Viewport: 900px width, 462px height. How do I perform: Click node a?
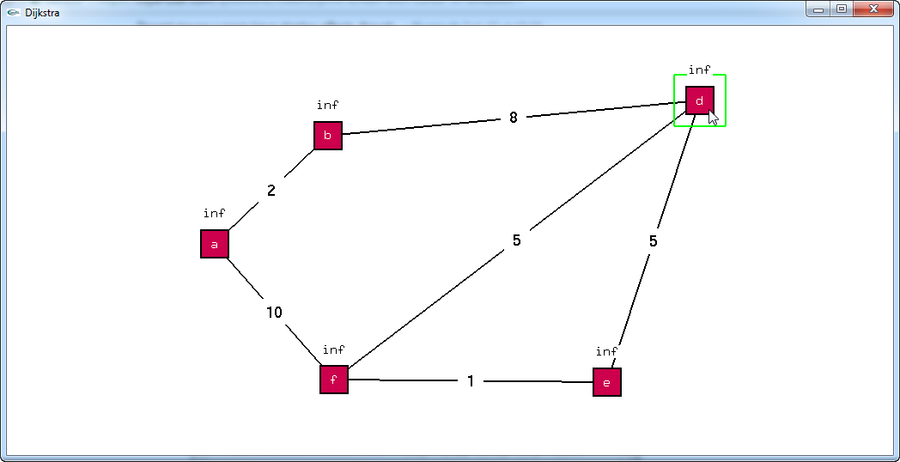215,244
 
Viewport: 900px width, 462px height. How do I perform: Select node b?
328,136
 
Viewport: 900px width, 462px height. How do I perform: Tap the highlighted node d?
700,100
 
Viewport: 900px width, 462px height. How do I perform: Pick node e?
607,382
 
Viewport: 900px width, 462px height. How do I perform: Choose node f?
334,379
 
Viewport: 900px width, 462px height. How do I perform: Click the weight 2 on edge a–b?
271,191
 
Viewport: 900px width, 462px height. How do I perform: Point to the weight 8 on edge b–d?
514,118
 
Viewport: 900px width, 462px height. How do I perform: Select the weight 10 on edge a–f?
274,313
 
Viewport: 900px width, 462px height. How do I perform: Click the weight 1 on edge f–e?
471,381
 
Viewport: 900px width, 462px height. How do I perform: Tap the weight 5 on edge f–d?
517,240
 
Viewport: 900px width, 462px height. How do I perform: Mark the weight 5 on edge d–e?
654,241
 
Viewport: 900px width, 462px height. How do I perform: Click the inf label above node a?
215,213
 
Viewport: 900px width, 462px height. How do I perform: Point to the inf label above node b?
328,105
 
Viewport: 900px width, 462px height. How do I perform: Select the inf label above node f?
334,350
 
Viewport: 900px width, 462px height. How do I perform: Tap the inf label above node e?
607,351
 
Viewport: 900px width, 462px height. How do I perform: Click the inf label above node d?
700,70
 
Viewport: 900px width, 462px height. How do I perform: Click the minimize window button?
818,9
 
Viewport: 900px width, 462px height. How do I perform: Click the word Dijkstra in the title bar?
42,13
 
